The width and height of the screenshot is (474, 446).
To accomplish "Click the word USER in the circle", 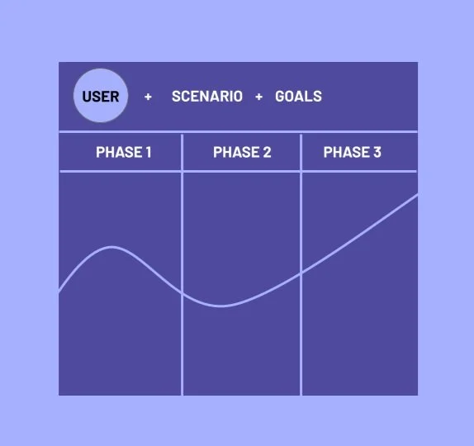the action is pyautogui.click(x=101, y=97).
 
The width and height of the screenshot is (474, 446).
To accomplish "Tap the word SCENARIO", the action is pyautogui.click(x=207, y=97).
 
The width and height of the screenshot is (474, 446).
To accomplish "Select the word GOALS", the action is pyautogui.click(x=298, y=97).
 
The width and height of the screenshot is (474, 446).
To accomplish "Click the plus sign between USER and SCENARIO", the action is pyautogui.click(x=148, y=97).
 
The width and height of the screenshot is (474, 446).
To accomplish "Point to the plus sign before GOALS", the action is pyautogui.click(x=258, y=97).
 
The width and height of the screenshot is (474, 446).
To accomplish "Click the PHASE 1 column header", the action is pyautogui.click(x=124, y=152).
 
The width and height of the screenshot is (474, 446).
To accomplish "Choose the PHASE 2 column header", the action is pyautogui.click(x=242, y=152).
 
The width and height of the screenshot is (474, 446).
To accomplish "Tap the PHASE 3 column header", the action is pyautogui.click(x=352, y=152).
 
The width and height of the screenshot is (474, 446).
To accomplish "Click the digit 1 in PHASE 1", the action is pyautogui.click(x=149, y=152).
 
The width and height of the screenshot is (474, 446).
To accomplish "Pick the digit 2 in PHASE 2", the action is pyautogui.click(x=267, y=152).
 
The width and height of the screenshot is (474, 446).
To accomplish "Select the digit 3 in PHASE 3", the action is pyautogui.click(x=377, y=152).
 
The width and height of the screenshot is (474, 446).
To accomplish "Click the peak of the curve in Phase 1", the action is pyautogui.click(x=111, y=247).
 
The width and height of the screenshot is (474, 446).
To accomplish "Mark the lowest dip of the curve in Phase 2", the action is pyautogui.click(x=221, y=306).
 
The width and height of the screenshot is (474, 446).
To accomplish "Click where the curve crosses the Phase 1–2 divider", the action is pyautogui.click(x=182, y=292).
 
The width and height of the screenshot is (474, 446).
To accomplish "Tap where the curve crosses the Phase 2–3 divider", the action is pyautogui.click(x=301, y=273).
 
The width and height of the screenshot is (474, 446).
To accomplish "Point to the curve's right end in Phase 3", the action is pyautogui.click(x=417, y=195).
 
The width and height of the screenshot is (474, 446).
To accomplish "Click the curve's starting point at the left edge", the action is pyautogui.click(x=59, y=292).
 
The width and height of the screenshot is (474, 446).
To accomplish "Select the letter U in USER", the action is pyautogui.click(x=87, y=97).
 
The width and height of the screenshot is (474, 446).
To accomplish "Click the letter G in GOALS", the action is pyautogui.click(x=280, y=97).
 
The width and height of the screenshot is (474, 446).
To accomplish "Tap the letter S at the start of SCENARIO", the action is pyautogui.click(x=176, y=97).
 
